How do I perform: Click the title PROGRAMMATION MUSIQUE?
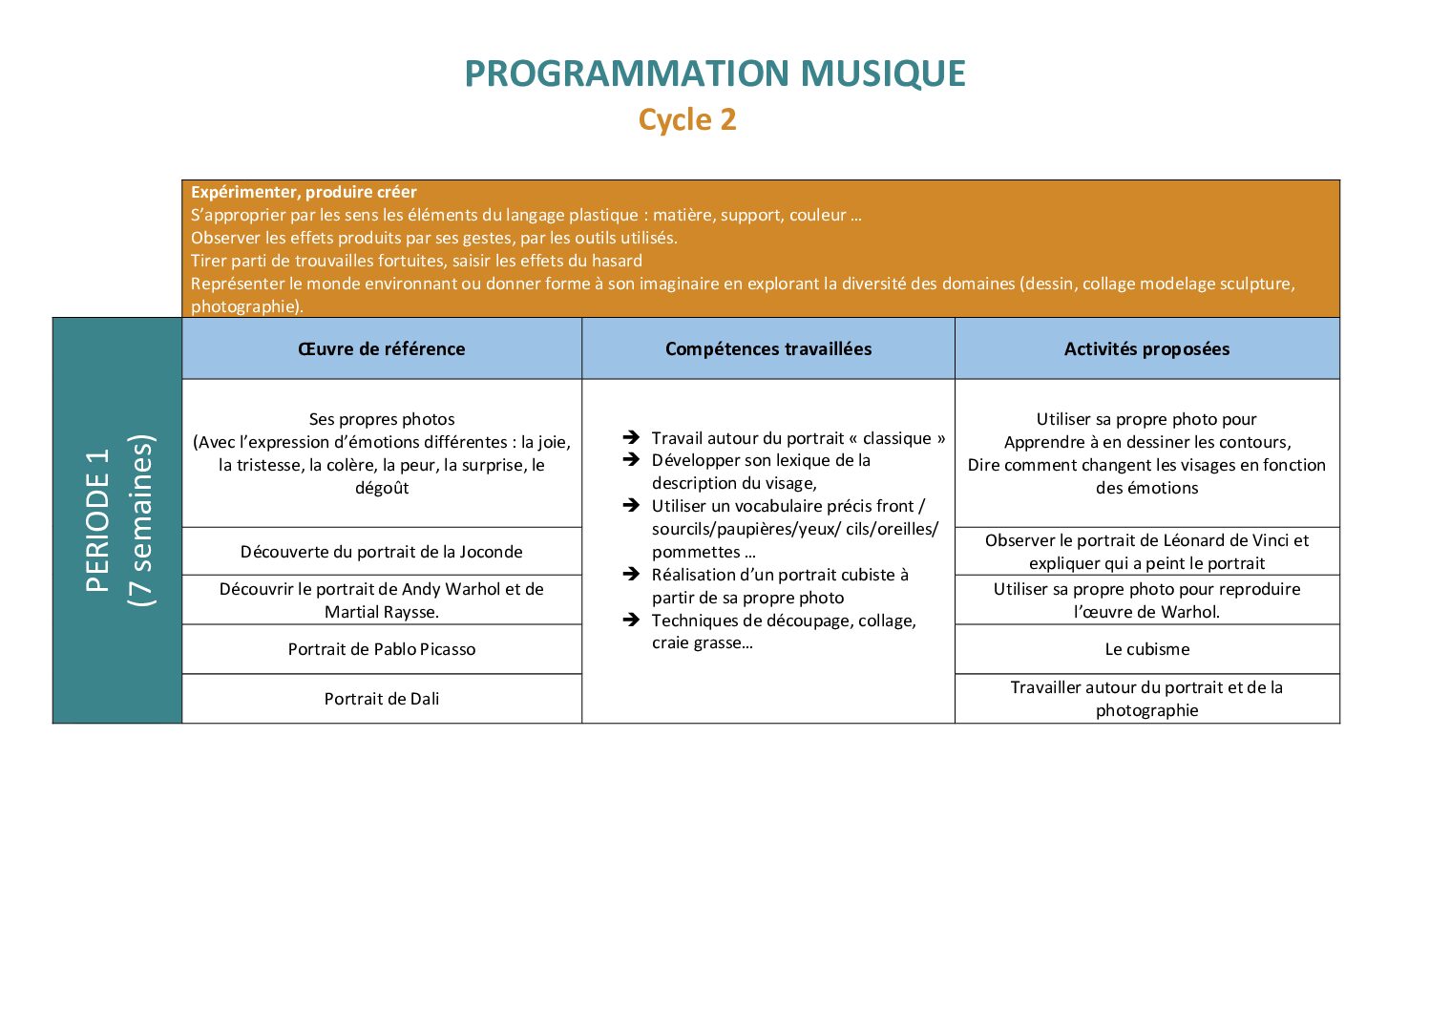click(714, 74)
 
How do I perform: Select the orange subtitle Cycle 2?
click(687, 119)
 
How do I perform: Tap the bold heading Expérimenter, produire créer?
click(304, 192)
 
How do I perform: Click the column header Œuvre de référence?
click(382, 349)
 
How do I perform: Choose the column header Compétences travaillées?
click(768, 349)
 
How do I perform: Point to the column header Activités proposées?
click(1146, 349)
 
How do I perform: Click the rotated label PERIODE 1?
click(97, 520)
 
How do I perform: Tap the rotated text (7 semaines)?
click(141, 520)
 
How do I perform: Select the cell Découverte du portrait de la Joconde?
click(382, 551)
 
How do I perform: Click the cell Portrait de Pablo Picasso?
click(382, 649)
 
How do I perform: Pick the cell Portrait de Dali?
click(382, 699)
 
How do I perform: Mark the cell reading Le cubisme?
click(1147, 649)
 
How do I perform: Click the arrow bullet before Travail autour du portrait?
click(631, 437)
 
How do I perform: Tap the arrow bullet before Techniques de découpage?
click(631, 620)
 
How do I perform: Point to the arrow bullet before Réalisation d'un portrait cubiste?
click(631, 574)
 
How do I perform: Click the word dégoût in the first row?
click(382, 488)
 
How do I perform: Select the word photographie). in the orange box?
click(247, 306)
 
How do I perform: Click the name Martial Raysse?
click(382, 612)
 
